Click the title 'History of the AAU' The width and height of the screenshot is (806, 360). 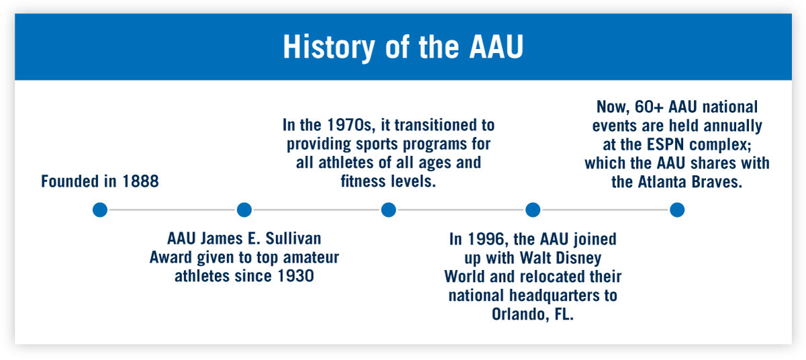click(x=403, y=47)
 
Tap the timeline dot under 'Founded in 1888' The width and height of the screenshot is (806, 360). click(x=100, y=210)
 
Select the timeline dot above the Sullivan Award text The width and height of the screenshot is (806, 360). click(x=244, y=210)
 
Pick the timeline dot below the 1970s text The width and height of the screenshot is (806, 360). click(x=388, y=210)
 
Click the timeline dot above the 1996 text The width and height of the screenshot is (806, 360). click(x=533, y=210)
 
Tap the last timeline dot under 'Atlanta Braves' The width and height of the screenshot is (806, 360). click(x=677, y=210)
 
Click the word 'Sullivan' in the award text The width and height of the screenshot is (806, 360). click(x=295, y=238)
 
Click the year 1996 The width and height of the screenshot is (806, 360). click(x=484, y=240)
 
